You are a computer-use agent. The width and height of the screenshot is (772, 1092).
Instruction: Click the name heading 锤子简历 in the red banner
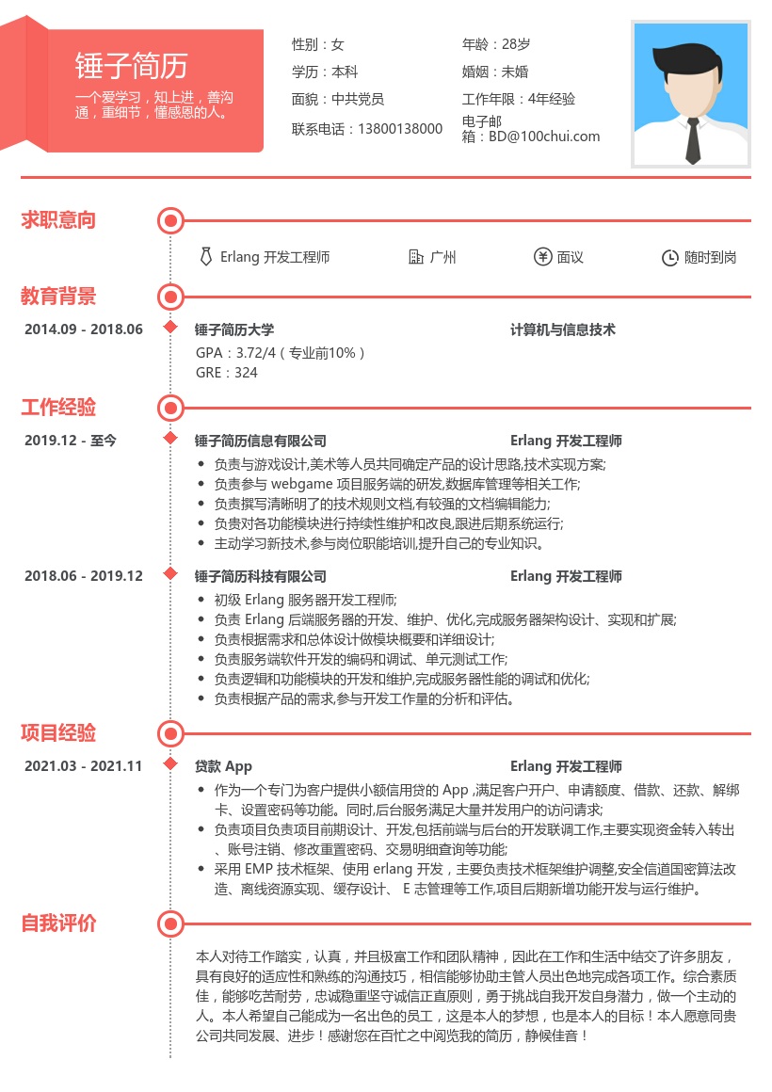(x=132, y=66)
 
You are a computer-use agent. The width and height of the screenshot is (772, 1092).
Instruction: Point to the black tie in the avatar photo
(x=693, y=139)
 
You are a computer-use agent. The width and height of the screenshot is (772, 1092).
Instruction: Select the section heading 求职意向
(x=58, y=220)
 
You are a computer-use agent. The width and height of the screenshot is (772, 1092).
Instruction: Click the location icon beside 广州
(x=416, y=257)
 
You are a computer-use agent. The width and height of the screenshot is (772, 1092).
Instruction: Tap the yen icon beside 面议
(x=542, y=257)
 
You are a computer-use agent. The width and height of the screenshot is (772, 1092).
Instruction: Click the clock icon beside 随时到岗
(x=670, y=257)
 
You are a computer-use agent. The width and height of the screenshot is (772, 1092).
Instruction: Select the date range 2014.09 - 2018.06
(x=84, y=329)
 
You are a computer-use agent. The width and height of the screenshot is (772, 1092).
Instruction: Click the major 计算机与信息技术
(x=563, y=329)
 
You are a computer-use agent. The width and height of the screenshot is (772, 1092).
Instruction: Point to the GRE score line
(x=227, y=373)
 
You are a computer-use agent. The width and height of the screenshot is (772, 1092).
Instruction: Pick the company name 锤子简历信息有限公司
(x=261, y=441)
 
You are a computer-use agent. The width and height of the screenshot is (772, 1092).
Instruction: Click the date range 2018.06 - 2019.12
(x=84, y=576)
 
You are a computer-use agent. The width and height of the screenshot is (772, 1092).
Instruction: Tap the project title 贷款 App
(x=224, y=766)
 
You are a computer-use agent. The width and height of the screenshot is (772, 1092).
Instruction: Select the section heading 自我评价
(x=58, y=923)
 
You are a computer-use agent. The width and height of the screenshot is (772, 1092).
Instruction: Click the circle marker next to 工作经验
(x=170, y=408)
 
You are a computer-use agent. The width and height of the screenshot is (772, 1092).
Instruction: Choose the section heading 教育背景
(x=58, y=297)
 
